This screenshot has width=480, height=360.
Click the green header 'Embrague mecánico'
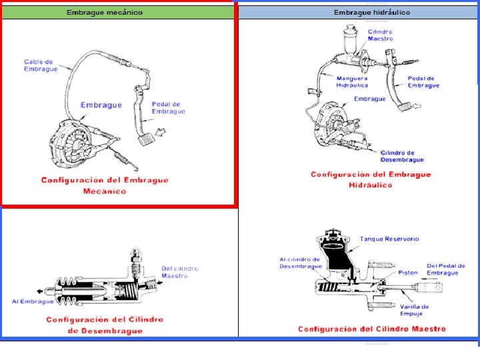(104, 13)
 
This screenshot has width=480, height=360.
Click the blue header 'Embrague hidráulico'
(371, 13)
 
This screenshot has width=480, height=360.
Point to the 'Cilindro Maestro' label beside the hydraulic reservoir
(380, 35)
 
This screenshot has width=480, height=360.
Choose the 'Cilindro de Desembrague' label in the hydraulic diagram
(402, 156)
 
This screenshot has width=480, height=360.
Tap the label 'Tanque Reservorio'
(389, 239)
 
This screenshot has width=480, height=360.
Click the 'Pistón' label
(407, 272)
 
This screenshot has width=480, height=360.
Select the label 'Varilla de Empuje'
(414, 310)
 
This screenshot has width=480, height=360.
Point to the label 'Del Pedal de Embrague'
(446, 269)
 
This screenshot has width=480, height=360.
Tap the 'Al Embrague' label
(33, 301)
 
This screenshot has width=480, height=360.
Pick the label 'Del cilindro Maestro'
(179, 272)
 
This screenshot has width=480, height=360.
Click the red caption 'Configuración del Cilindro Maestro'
(371, 329)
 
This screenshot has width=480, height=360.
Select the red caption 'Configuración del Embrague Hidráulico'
(371, 179)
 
